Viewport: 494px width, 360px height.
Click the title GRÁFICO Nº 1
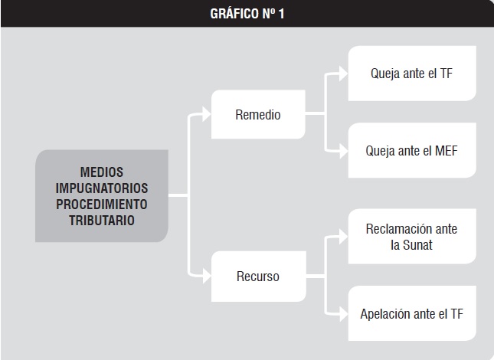click(247, 14)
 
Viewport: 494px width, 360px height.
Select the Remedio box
click(258, 114)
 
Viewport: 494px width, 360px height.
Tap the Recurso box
click(258, 277)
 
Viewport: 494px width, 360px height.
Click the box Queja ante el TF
click(412, 74)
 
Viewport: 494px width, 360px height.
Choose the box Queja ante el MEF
click(412, 150)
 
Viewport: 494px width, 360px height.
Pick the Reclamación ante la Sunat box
click(412, 236)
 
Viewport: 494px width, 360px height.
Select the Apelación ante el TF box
click(412, 313)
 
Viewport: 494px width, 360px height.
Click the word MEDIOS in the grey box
click(102, 172)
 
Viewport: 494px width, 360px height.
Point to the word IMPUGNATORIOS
click(102, 188)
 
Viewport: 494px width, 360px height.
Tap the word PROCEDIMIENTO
click(102, 205)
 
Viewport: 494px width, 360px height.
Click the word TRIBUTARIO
click(102, 221)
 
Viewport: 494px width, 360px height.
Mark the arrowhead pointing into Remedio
click(206, 114)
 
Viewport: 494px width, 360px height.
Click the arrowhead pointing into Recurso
click(206, 277)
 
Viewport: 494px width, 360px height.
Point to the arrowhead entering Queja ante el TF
click(343, 74)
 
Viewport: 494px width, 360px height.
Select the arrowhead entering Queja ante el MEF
click(343, 151)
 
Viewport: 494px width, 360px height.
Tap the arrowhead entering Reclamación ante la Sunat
click(343, 237)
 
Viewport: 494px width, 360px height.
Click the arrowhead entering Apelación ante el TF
click(343, 314)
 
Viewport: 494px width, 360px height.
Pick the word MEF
click(446, 151)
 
